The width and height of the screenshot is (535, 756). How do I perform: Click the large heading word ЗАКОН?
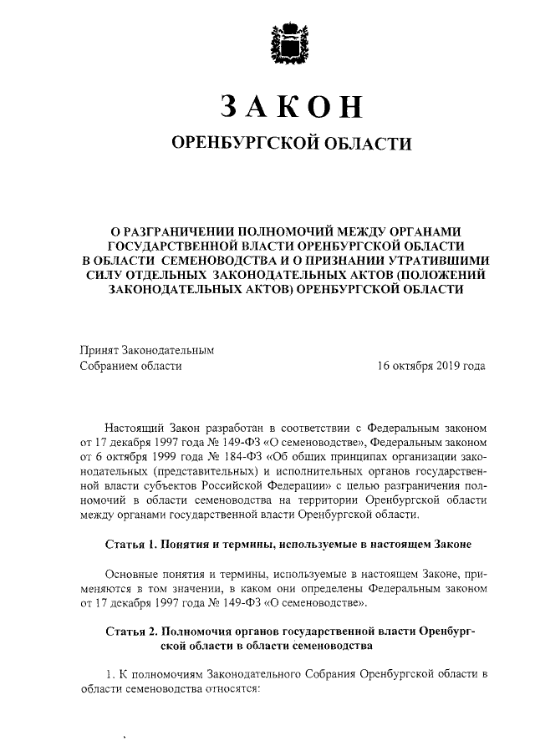[x=292, y=107]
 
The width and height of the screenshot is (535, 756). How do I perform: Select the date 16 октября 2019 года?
[x=431, y=365]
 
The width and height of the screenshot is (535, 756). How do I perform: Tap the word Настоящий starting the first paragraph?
[x=136, y=425]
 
